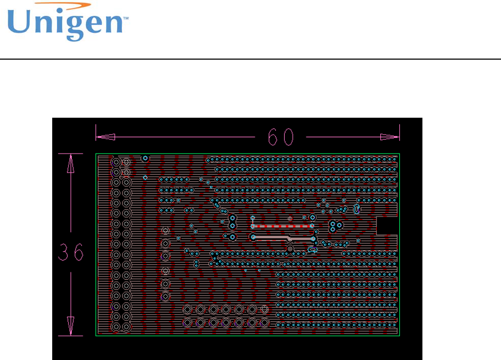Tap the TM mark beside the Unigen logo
tap(126, 17)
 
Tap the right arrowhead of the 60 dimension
tap(390, 137)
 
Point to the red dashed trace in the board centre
tap(283, 226)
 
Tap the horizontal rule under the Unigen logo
tap(250, 59)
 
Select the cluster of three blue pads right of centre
tap(335, 226)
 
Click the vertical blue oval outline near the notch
tap(357, 210)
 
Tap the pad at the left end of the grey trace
tap(254, 237)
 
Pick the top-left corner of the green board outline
tap(96, 154)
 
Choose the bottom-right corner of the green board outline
tap(399, 335)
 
